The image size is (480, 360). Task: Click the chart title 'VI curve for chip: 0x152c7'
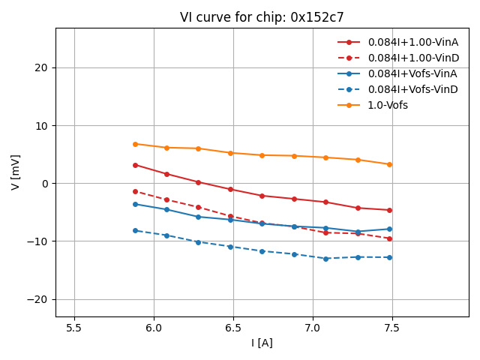(262, 17)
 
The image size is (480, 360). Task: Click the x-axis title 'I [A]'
(262, 343)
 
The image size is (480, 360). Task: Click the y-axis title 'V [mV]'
(16, 172)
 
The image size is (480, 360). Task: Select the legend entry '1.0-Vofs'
(388, 105)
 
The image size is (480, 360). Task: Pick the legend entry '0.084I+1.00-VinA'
(412, 42)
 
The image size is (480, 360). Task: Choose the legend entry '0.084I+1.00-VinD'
(413, 58)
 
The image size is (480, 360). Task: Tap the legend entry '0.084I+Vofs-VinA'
(412, 73)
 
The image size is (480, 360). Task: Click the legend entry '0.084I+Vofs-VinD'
(412, 89)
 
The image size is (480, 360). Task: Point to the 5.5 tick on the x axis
(74, 328)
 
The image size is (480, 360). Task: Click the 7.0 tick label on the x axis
(312, 328)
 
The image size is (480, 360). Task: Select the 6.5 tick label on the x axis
(232, 328)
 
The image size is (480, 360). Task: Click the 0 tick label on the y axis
(44, 184)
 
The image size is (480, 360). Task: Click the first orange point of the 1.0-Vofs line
(135, 144)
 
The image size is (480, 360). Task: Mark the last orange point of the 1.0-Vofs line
(389, 164)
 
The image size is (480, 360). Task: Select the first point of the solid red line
(135, 165)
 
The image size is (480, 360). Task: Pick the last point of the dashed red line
(389, 238)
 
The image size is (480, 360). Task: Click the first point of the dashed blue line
(135, 230)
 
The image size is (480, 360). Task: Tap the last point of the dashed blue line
(389, 257)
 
